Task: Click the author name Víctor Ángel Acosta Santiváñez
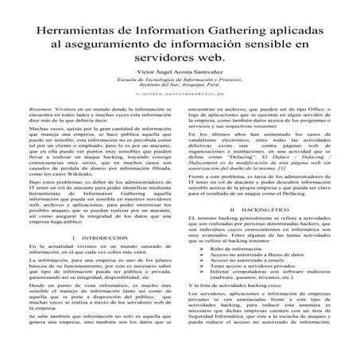pos(179,72)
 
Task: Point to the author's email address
pos(179,94)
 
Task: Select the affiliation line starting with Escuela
pos(179,79)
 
